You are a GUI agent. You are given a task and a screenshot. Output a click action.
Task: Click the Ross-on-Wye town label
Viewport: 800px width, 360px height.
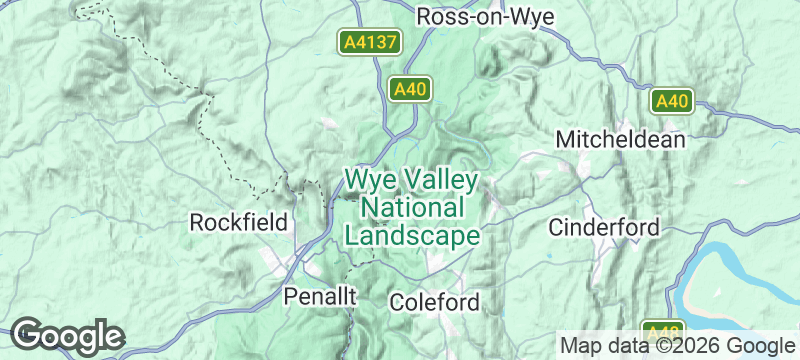(x=485, y=16)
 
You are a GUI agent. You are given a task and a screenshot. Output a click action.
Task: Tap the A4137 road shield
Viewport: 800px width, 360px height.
(x=369, y=42)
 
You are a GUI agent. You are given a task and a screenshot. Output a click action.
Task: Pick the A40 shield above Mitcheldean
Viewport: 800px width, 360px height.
(x=673, y=100)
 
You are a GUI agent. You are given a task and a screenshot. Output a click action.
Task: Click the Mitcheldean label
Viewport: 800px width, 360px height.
(x=621, y=138)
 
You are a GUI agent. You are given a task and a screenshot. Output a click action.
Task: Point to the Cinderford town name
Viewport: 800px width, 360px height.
(x=604, y=227)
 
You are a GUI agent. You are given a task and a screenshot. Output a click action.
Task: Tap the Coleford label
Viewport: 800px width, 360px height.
(x=434, y=301)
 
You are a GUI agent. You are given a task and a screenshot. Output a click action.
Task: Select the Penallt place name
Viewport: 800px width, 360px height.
(x=319, y=296)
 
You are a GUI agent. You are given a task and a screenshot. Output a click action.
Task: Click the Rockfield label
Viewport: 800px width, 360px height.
(x=239, y=221)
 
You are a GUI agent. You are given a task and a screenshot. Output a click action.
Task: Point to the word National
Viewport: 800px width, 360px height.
(x=412, y=208)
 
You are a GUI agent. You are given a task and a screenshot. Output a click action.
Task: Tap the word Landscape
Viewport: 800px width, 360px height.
(x=412, y=235)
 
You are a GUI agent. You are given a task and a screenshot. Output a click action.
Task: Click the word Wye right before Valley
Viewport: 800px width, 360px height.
(x=369, y=181)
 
